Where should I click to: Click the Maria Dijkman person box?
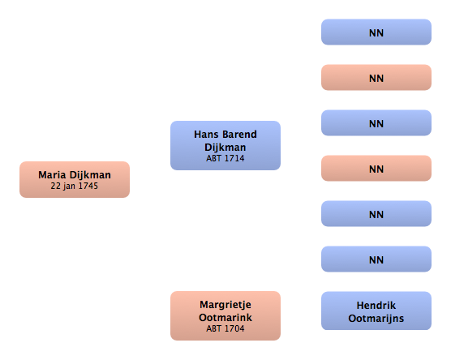75,179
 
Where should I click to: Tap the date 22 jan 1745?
75,186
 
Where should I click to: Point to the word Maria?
52,175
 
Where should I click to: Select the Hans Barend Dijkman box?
225,145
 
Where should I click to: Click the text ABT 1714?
225,158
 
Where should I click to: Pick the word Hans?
206,135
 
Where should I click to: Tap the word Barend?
239,135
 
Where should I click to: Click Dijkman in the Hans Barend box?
225,148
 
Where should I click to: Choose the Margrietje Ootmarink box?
225,315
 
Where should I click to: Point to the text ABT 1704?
225,328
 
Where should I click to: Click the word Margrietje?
225,305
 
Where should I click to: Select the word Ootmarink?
225,318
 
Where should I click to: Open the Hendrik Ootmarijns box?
376,311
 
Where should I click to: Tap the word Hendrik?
376,306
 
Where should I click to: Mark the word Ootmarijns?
376,319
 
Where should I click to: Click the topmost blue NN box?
376,32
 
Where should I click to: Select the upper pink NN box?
376,77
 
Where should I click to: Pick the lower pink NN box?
376,168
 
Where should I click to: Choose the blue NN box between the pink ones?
376,122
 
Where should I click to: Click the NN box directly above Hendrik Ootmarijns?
376,259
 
